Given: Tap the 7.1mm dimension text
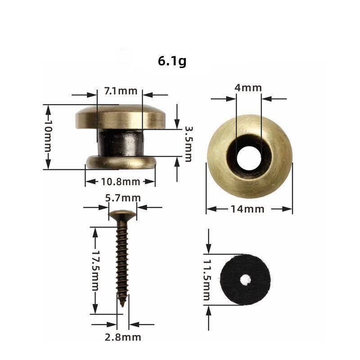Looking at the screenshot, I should click(120, 91).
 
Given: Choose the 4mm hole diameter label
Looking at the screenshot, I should click(248, 88).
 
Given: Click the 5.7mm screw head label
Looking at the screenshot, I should click(123, 198).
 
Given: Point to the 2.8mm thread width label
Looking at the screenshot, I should click(123, 337).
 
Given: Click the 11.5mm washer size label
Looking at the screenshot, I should click(207, 279).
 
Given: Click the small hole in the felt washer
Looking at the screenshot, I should click(245, 279).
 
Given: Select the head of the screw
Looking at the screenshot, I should click(122, 213).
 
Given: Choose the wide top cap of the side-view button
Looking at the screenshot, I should click(119, 116).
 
